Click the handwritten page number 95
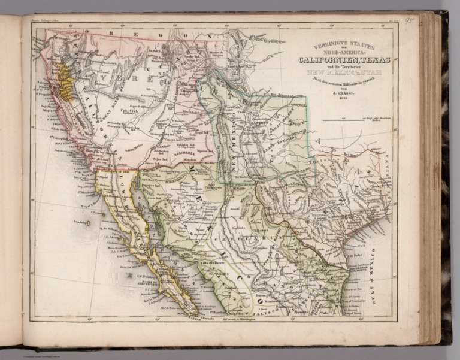pyautogui.click(x=409, y=20)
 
